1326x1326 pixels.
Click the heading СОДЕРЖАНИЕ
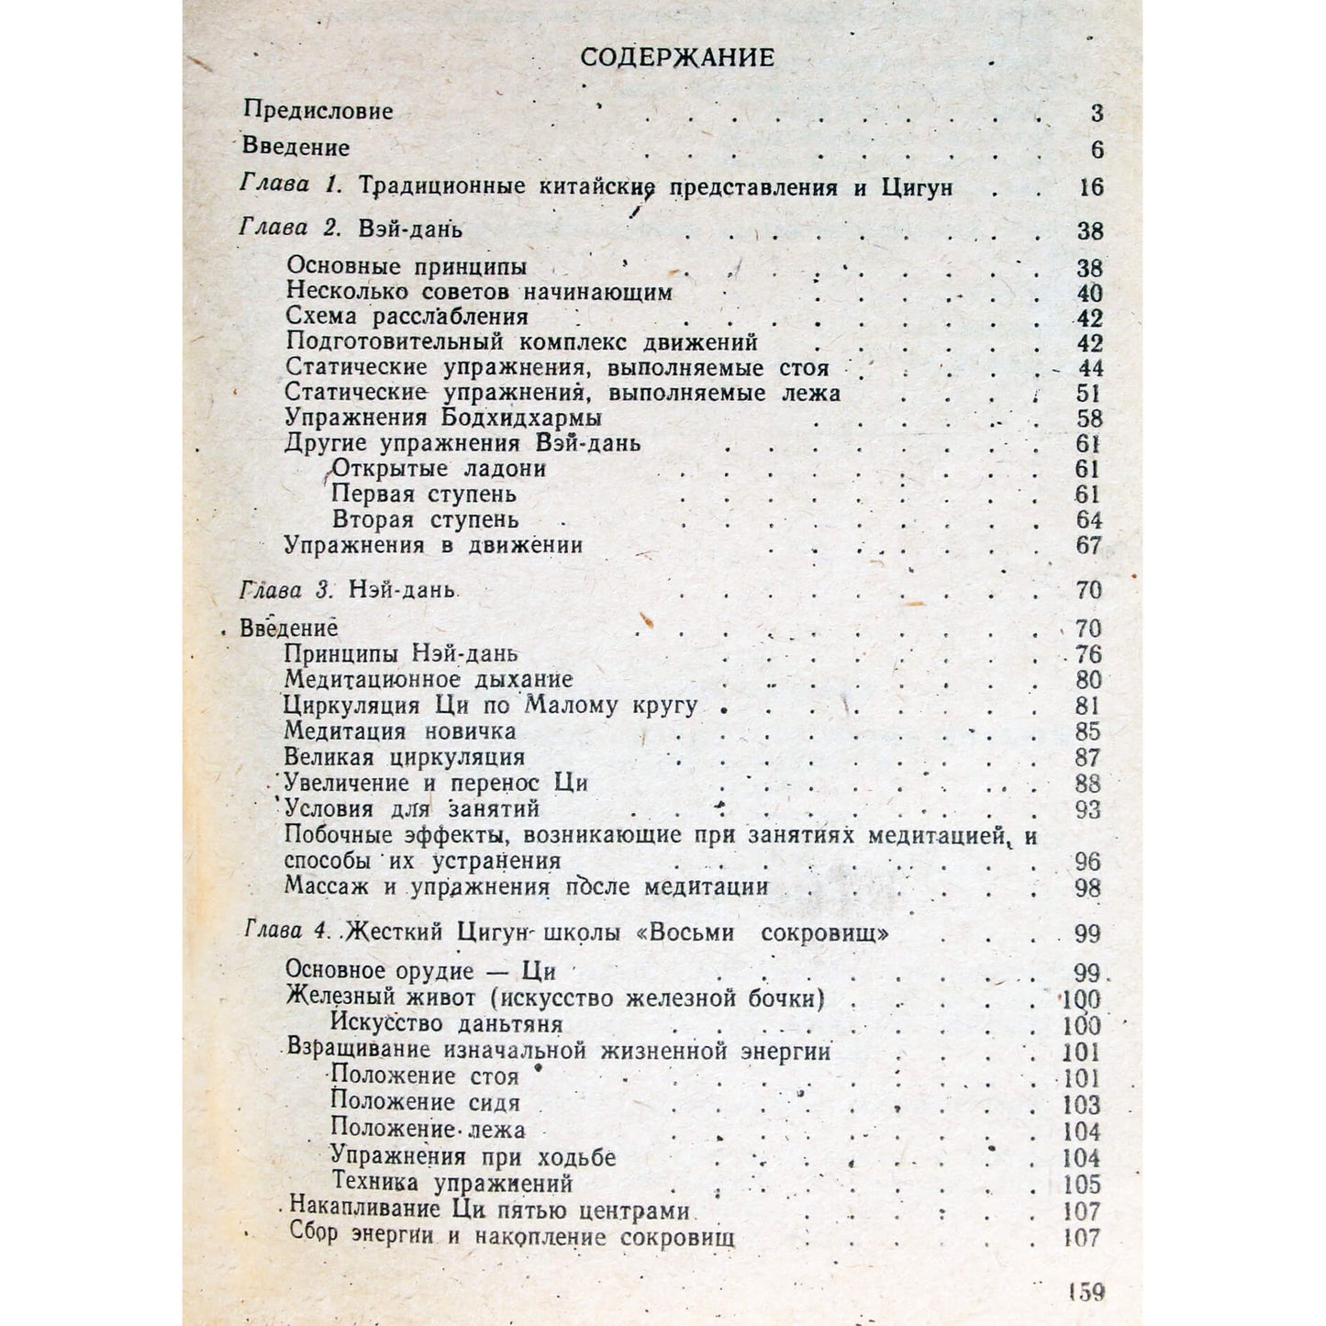[677, 57]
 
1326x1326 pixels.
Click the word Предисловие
[318, 110]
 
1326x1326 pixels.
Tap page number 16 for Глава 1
[1091, 187]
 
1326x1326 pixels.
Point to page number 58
[1089, 419]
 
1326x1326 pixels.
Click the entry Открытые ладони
[439, 469]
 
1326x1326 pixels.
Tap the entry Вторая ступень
[425, 519]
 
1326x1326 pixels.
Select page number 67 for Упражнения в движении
[1088, 545]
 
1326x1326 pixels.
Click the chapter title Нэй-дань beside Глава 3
[402, 589]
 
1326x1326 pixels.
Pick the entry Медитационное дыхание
[429, 680]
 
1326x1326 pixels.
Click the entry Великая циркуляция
[404, 758]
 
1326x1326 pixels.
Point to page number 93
[1087, 809]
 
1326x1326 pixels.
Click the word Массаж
[327, 887]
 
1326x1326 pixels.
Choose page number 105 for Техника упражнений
[1081, 1184]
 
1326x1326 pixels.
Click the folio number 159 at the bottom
[1086, 1292]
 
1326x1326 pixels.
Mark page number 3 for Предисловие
[1097, 114]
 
